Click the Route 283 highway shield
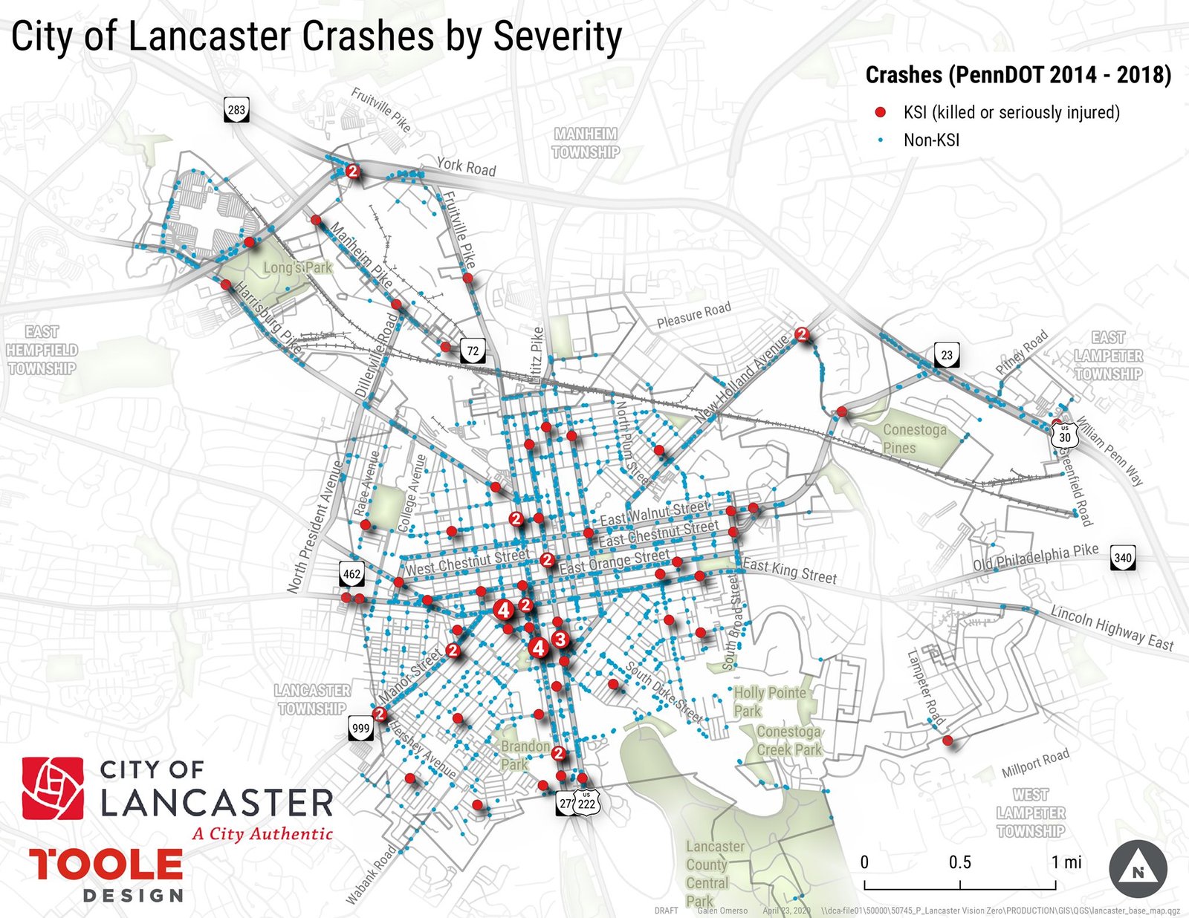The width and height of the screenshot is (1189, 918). [x=236, y=111]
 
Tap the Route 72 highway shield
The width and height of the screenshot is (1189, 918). [x=473, y=350]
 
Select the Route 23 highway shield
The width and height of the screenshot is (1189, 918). [x=947, y=355]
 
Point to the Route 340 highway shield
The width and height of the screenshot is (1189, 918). [x=1123, y=558]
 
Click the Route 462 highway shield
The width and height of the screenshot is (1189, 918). [x=352, y=573]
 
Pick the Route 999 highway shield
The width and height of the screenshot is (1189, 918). [x=360, y=728]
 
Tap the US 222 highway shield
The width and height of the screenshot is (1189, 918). [x=586, y=802]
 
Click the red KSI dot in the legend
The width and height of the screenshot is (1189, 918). [x=881, y=112]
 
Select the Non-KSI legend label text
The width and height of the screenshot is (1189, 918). [x=931, y=140]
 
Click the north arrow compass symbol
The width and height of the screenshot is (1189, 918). [x=1138, y=870]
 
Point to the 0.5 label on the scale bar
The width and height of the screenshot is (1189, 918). [x=959, y=862]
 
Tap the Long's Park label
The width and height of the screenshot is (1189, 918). [x=297, y=267]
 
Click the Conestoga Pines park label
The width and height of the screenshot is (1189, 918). [x=914, y=438]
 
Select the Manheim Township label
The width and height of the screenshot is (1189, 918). [x=586, y=143]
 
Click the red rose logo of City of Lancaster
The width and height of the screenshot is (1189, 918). [x=53, y=788]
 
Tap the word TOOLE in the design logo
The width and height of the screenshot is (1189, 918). [x=106, y=865]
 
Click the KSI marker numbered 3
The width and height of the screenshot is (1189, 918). [x=560, y=639]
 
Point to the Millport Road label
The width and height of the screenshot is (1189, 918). [x=1035, y=763]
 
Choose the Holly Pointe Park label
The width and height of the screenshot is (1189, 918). [x=769, y=701]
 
